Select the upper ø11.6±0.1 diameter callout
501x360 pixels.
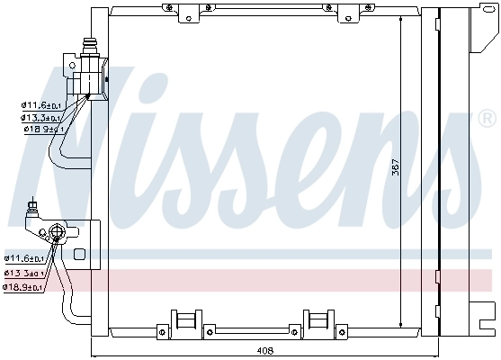[x=40, y=105]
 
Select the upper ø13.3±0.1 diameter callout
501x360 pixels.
[x=40, y=117]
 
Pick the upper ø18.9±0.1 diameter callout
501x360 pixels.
[x=40, y=129]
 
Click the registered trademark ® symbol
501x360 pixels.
[x=487, y=118]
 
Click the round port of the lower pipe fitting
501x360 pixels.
[x=59, y=234]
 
